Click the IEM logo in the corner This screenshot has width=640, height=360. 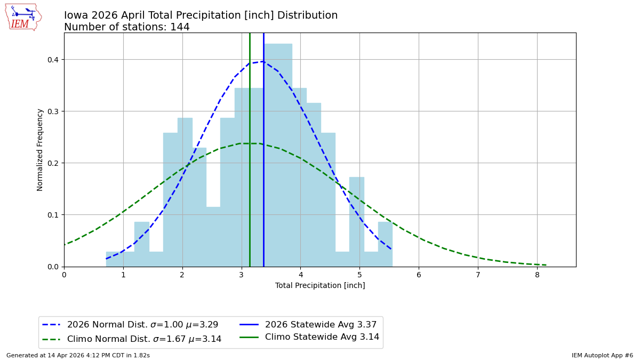23,17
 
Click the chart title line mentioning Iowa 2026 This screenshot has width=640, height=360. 201,15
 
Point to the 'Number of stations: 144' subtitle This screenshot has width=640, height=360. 126,27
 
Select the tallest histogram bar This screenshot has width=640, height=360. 278,155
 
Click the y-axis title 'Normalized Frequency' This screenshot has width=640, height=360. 40,150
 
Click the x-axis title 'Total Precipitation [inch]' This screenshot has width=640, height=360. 320,285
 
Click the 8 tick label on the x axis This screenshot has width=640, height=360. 537,275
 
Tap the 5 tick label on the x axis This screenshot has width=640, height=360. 359,275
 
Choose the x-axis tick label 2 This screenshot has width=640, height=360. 182,275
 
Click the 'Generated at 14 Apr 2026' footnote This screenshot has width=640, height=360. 78,355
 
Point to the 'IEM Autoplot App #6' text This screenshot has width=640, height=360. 602,355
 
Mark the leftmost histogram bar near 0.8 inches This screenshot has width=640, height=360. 113,259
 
